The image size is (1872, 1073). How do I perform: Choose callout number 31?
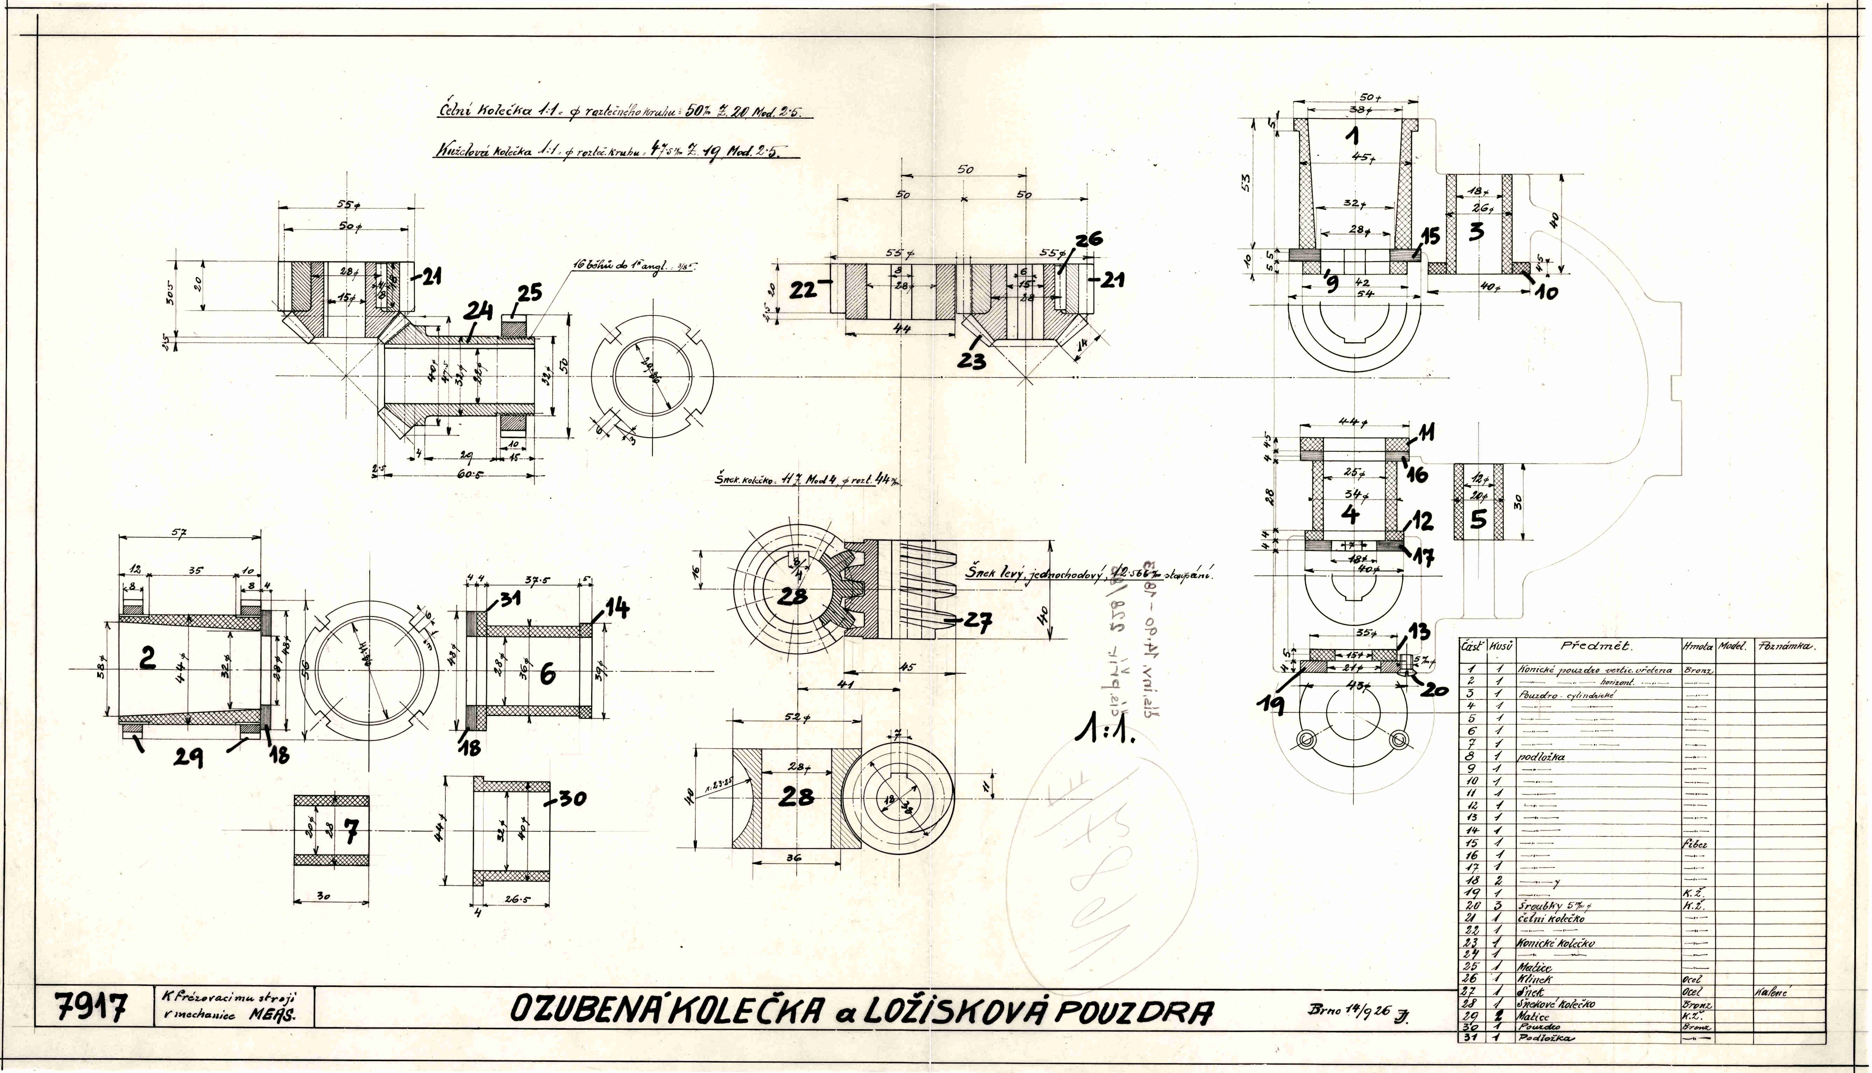coord(508,598)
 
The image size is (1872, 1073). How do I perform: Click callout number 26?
coord(1088,240)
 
